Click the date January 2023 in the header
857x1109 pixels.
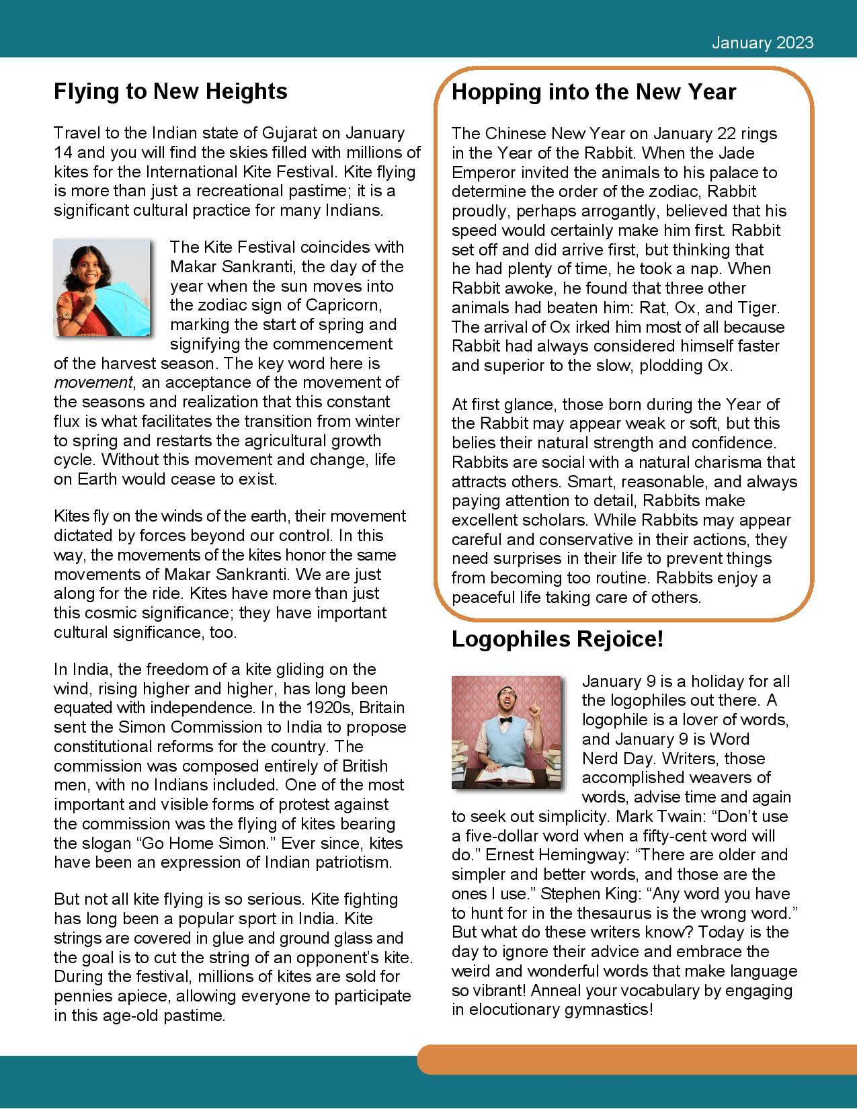coord(762,43)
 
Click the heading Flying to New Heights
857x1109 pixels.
coord(170,91)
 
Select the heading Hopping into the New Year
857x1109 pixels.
coord(594,91)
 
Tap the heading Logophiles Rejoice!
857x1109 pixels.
coord(557,639)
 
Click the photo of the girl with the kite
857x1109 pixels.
coord(102,288)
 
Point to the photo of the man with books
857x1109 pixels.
coord(505,732)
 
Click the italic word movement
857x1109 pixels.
coord(93,382)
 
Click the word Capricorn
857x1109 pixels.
coord(343,305)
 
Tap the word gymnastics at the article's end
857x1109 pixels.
coord(608,1010)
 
